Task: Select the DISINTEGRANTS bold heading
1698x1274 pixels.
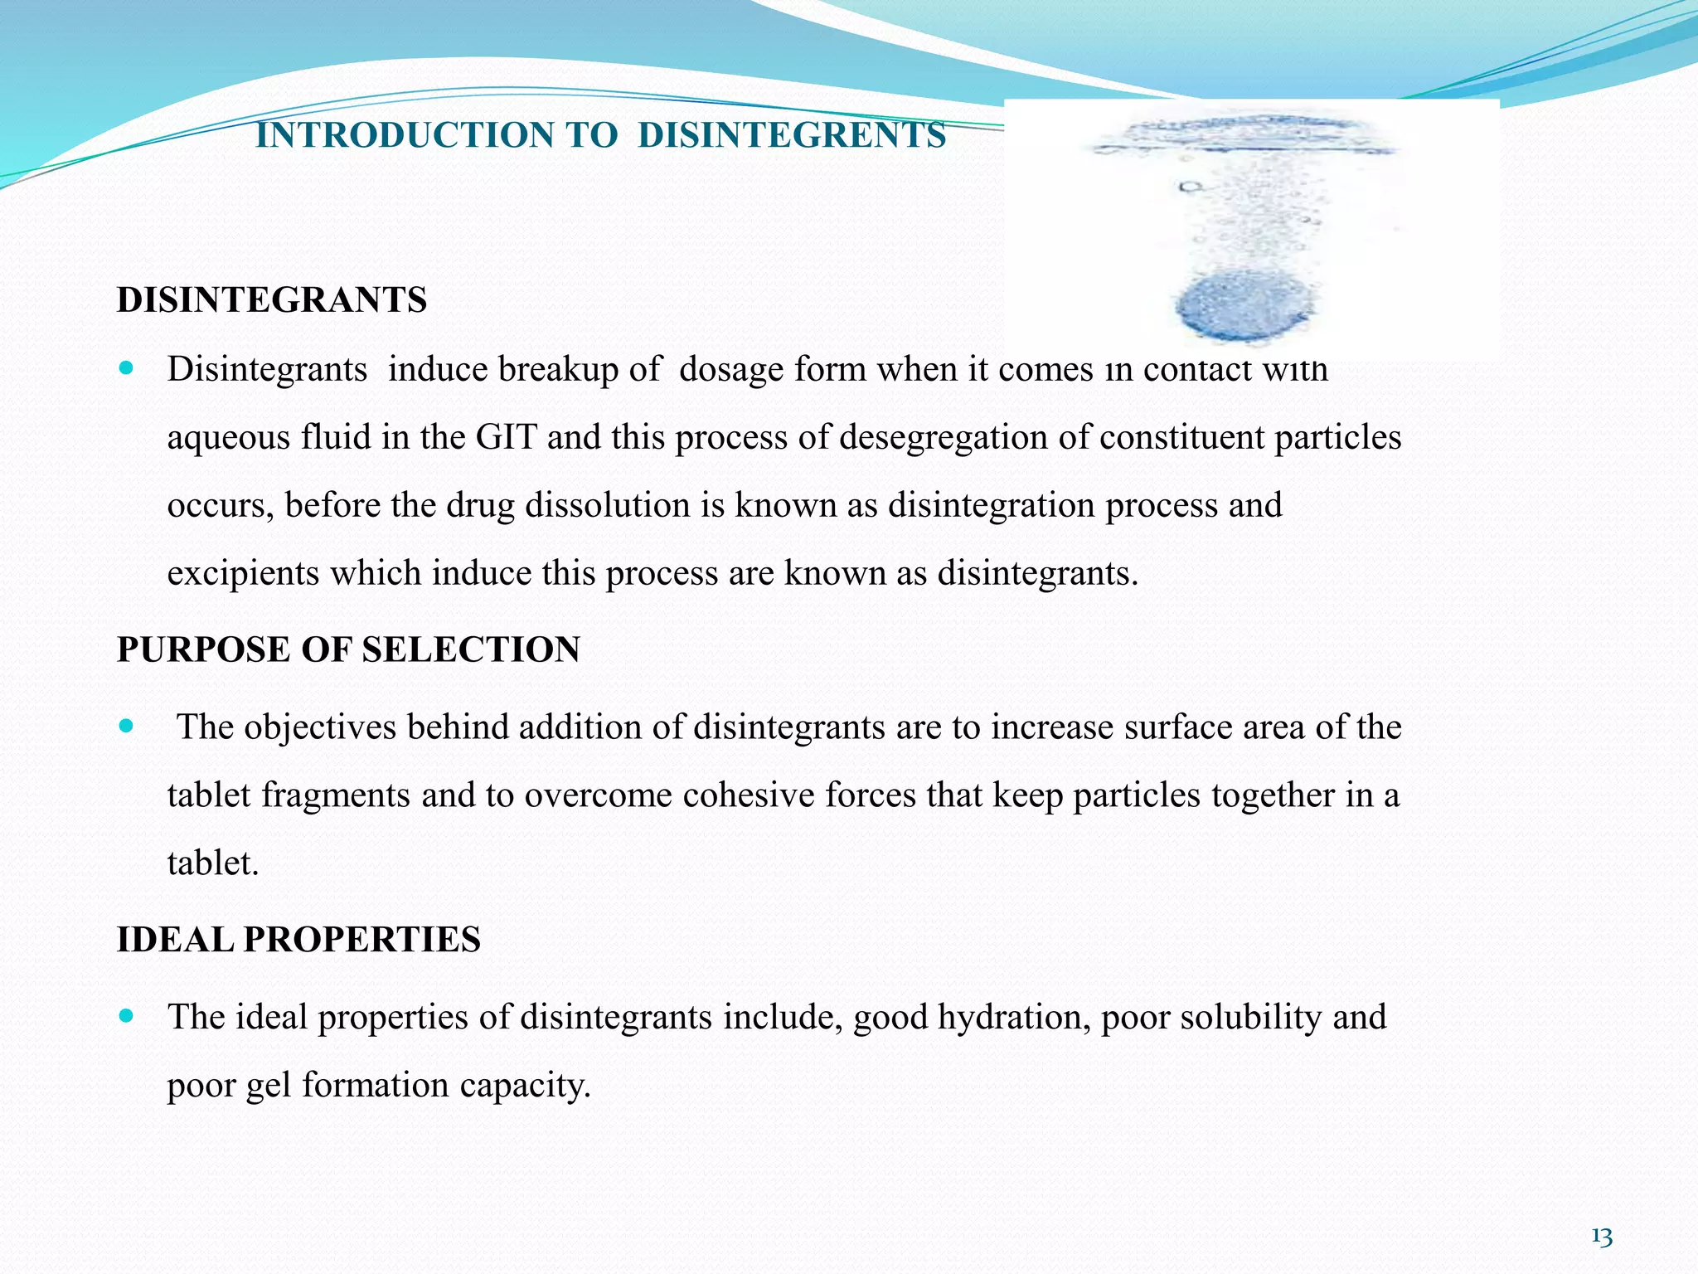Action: pyautogui.click(x=272, y=299)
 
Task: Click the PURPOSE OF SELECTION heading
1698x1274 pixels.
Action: pyautogui.click(x=348, y=649)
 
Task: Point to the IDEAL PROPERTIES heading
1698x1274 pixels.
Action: pyautogui.click(x=298, y=940)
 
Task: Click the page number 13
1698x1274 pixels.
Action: pyautogui.click(x=1602, y=1238)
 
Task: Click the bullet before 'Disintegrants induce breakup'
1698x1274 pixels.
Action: pyautogui.click(x=126, y=366)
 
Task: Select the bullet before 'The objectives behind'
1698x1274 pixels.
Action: pyautogui.click(x=126, y=725)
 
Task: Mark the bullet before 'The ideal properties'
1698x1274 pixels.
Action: pyautogui.click(x=126, y=1015)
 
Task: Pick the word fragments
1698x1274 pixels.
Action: pyautogui.click(x=336, y=795)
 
